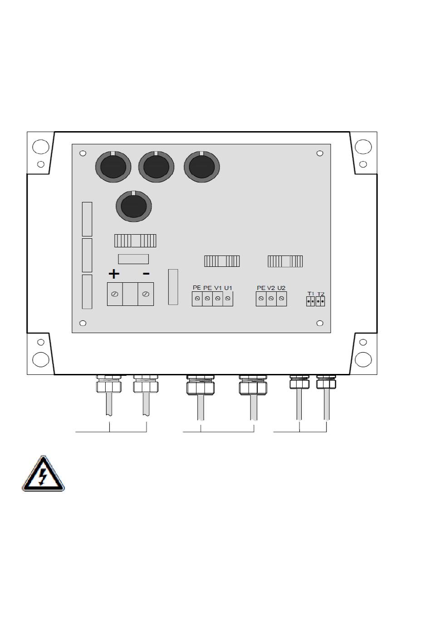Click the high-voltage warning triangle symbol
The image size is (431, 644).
click(44, 474)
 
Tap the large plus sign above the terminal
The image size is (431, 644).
click(114, 274)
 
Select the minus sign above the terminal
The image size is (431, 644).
click(146, 274)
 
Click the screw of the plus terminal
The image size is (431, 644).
click(115, 295)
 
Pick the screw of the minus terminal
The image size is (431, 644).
click(145, 295)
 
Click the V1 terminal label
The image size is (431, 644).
click(218, 288)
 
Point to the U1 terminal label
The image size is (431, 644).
click(228, 288)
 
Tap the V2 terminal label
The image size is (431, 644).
click(271, 288)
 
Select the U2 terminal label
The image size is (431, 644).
click(282, 288)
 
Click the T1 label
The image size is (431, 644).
click(311, 294)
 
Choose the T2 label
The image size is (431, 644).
click(321, 294)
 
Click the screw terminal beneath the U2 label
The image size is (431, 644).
click(282, 299)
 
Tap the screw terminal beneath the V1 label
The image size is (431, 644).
click(218, 299)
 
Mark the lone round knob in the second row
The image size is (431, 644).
click(134, 206)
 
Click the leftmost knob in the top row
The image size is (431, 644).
click(113, 167)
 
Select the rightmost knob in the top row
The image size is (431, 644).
click(202, 167)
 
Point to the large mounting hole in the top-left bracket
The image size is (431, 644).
click(41, 146)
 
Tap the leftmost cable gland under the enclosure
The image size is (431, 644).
click(109, 386)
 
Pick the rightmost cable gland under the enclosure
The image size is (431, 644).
click(326, 383)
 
